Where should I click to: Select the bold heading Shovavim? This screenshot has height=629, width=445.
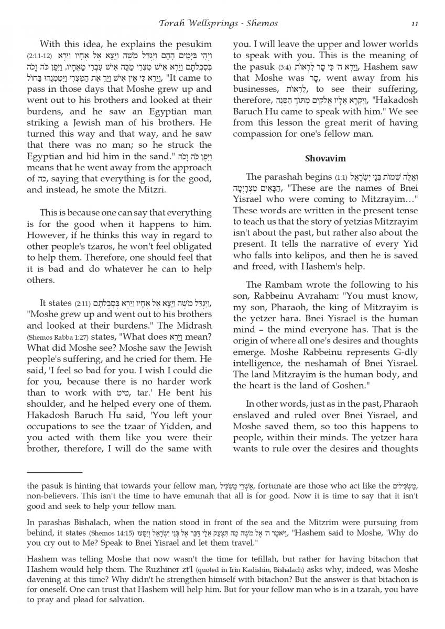325,158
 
